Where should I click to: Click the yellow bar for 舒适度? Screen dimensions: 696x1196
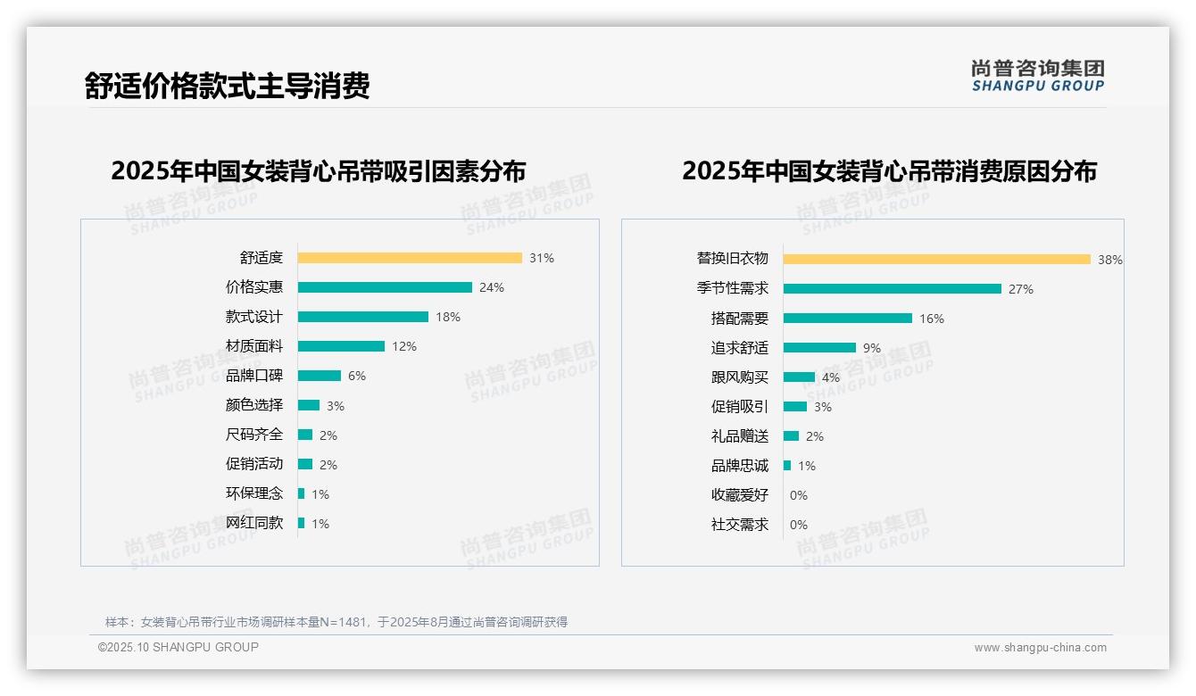[x=410, y=258]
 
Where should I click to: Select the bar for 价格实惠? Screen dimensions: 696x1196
[x=385, y=287]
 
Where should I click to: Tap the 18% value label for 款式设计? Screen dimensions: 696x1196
[x=448, y=317]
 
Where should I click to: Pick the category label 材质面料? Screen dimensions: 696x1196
[x=254, y=346]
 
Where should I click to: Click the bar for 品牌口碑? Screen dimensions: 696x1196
[x=320, y=376]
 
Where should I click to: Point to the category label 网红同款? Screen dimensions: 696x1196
[x=254, y=523]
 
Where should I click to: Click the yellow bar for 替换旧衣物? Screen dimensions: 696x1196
[x=937, y=259]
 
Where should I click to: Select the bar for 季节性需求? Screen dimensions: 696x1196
[x=893, y=288]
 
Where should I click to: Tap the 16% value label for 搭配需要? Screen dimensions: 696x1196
[x=932, y=319]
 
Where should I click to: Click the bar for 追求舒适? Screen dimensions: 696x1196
[x=819, y=348]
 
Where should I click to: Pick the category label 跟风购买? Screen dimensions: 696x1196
[x=740, y=377]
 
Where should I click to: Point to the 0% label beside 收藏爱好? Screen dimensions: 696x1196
[x=799, y=495]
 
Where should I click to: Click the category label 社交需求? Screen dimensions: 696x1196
[x=740, y=525]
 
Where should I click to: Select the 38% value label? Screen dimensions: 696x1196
[x=1110, y=260]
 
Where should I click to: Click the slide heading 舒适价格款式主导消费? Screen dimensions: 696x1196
[x=227, y=86]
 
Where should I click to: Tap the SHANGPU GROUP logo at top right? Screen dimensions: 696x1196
[x=1038, y=76]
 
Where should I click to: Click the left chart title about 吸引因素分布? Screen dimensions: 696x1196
[x=319, y=170]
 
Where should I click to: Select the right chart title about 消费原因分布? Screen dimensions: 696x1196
[x=889, y=170]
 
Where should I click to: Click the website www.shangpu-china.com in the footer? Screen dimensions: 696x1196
[x=1040, y=648]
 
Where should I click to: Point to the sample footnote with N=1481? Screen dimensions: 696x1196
[x=336, y=622]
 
